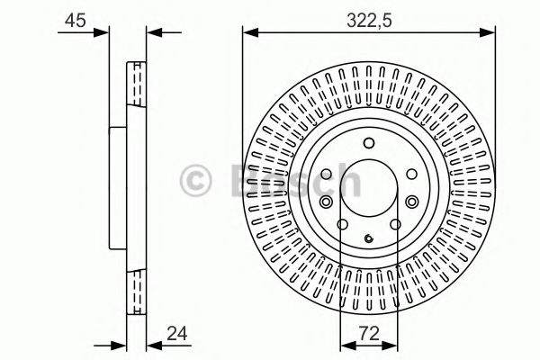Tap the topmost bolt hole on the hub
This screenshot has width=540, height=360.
(x=368, y=143)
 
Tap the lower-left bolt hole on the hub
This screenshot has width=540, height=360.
(x=342, y=226)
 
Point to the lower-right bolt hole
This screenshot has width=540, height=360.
(x=394, y=226)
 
